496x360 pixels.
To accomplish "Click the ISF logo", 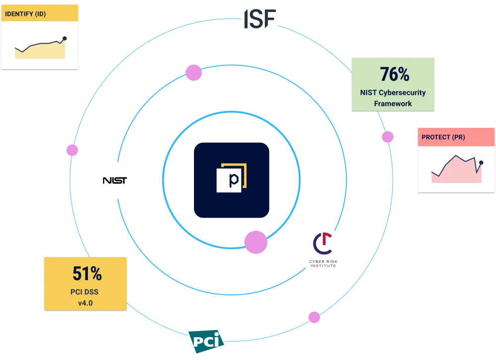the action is (x=260, y=19).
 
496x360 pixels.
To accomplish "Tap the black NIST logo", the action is (x=115, y=180).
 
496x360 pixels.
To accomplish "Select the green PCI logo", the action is (x=206, y=341).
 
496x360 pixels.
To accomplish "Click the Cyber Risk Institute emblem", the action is (x=323, y=243).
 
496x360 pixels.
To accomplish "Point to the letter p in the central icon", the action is (x=234, y=180).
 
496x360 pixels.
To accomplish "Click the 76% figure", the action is (x=394, y=74).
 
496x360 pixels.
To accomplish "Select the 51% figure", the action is (x=87, y=273).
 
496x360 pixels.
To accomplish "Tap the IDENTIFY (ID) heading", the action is (x=25, y=14).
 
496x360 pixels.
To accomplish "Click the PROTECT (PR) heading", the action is (x=443, y=137).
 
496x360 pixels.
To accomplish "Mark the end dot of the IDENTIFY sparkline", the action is (x=64, y=38).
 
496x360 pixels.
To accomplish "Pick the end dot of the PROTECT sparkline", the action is (x=481, y=163).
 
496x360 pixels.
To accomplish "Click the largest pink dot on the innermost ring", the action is (x=256, y=242).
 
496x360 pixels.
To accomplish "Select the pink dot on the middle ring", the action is (x=193, y=73).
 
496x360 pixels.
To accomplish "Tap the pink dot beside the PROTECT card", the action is (x=387, y=137).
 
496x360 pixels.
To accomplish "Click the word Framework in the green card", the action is (x=393, y=104).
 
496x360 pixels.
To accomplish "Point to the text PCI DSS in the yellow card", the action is (x=84, y=292).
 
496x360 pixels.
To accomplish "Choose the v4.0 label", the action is (x=85, y=303).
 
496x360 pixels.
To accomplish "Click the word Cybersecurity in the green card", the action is (x=402, y=93).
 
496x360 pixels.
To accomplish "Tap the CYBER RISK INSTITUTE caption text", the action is (x=323, y=263).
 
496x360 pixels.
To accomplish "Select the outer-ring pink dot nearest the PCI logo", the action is (x=314, y=317).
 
